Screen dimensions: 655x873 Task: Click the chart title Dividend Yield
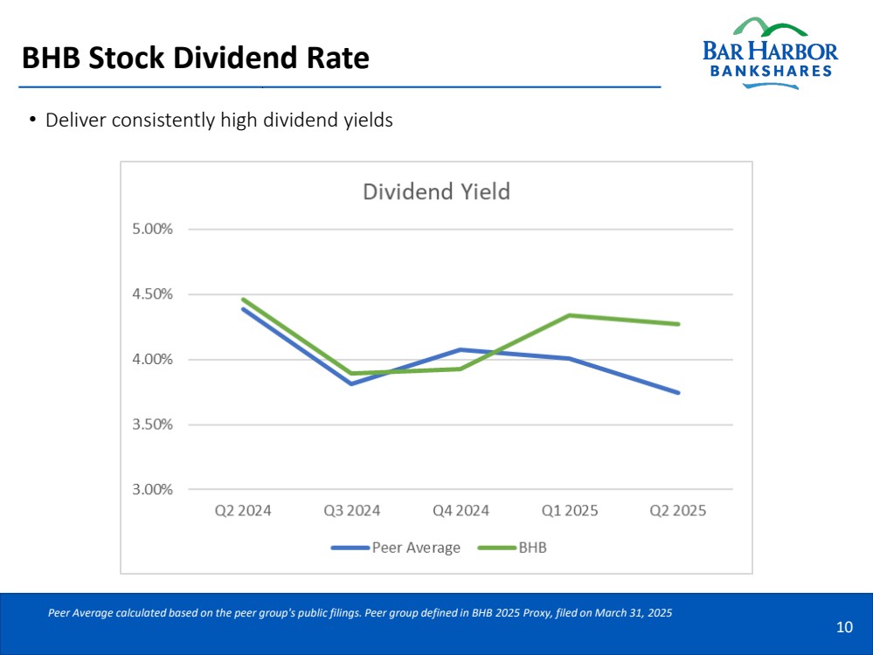tap(436, 191)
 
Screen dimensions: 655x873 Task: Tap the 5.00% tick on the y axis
tap(153, 229)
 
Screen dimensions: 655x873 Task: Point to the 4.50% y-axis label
tap(153, 294)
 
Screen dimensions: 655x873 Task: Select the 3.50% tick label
tap(153, 424)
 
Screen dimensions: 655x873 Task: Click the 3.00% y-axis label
tap(153, 489)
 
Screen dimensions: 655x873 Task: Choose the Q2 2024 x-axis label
tap(243, 511)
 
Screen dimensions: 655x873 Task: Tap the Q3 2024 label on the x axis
tap(351, 511)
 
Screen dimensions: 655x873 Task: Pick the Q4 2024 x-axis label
tap(461, 511)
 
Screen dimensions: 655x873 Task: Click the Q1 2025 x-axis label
tap(569, 511)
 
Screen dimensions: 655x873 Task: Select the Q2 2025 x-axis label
tap(677, 511)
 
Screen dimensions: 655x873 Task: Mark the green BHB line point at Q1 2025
tap(569, 315)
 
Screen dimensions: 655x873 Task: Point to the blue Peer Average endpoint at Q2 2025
tap(678, 392)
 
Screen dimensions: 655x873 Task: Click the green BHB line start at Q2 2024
tap(243, 300)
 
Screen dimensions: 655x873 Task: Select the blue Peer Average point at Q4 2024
tap(461, 350)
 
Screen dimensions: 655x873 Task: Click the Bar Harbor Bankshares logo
tap(769, 52)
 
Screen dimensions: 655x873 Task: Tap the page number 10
tap(844, 627)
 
